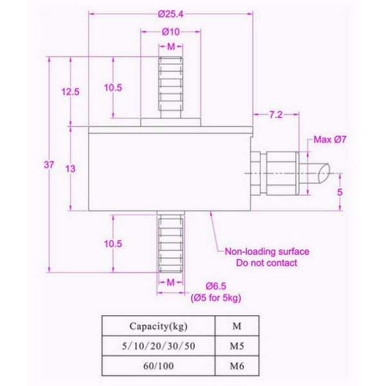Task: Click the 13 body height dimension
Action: click(x=70, y=169)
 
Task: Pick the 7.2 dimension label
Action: click(x=276, y=115)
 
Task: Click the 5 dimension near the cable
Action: click(x=340, y=192)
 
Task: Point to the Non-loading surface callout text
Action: click(x=266, y=252)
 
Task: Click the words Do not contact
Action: click(x=266, y=262)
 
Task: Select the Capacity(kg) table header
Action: click(x=158, y=325)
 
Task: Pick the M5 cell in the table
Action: click(x=236, y=346)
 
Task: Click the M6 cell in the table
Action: click(x=236, y=367)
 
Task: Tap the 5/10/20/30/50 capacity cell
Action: click(x=158, y=346)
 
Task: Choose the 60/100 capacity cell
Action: click(x=158, y=367)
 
